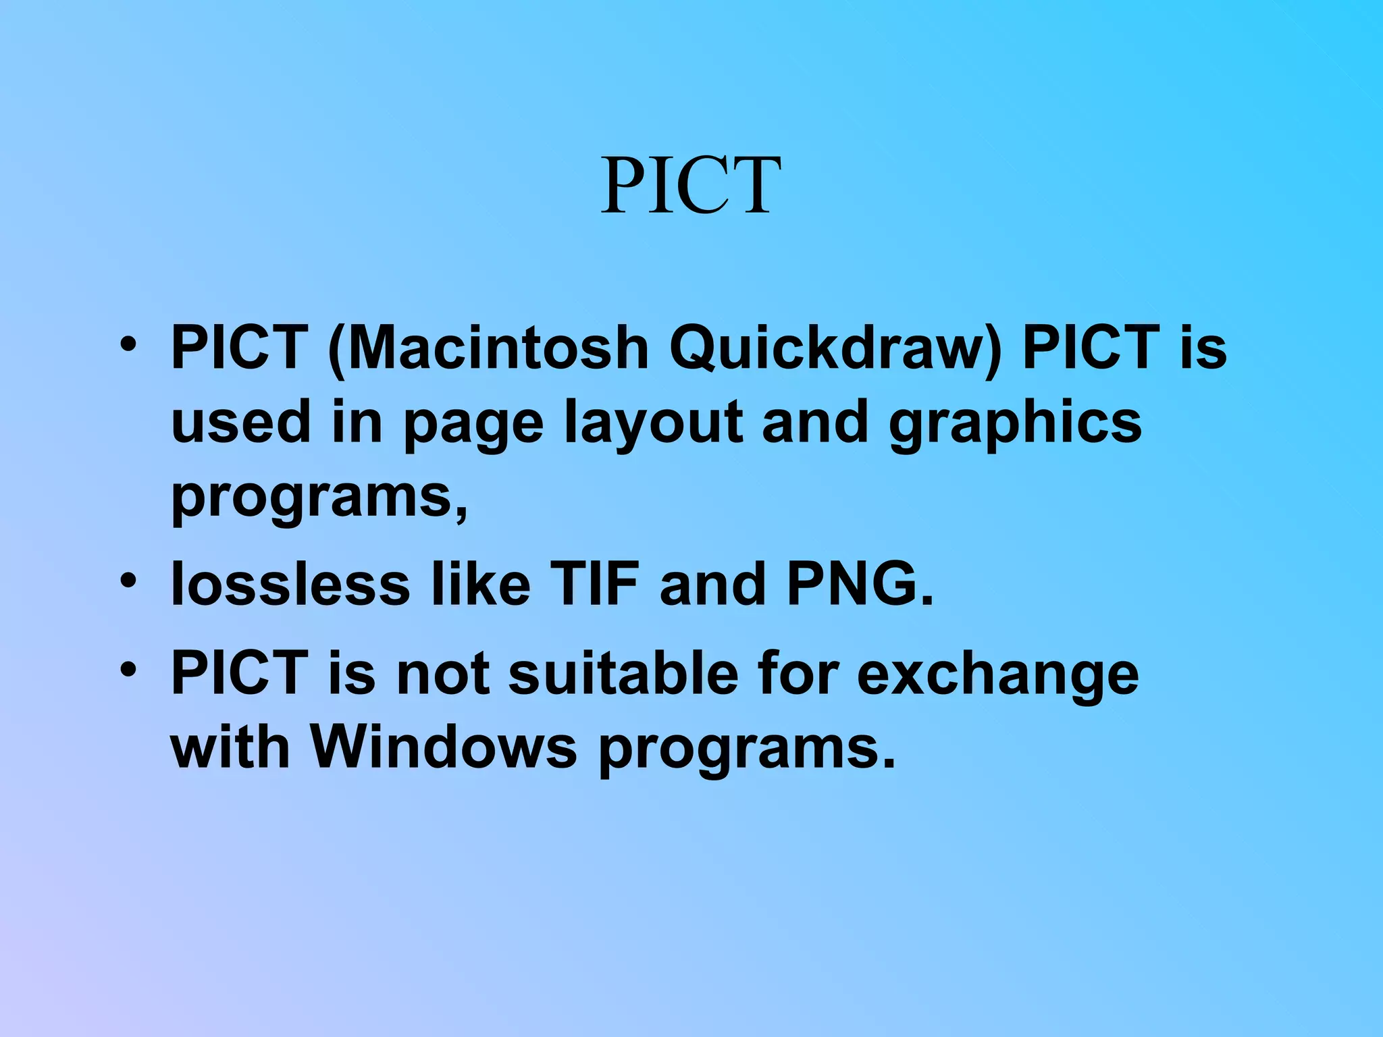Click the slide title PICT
[x=691, y=186]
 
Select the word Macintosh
[x=498, y=348]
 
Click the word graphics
[x=1015, y=423]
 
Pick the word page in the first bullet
[x=473, y=423]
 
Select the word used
[x=241, y=422]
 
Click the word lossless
[x=290, y=583]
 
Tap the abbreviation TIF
[x=594, y=583]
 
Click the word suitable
[x=623, y=673]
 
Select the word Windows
[x=443, y=747]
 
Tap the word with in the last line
[x=230, y=747]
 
